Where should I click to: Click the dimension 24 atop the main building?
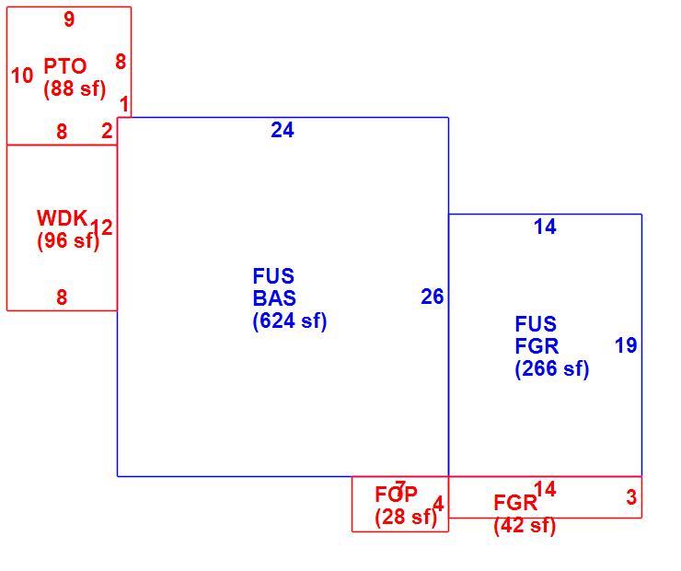coord(283,130)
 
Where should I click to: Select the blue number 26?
coord(433,297)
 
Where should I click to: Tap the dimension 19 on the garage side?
coord(626,345)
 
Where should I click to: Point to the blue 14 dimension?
coord(545,227)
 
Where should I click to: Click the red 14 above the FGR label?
coord(545,489)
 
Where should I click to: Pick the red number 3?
coord(631,497)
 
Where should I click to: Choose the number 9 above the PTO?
coord(69,19)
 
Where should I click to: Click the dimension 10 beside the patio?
coord(22,76)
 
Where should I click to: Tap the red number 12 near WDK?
coord(101,227)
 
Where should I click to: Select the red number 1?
coord(124,105)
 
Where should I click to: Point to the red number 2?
coord(107,131)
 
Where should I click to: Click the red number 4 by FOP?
coord(439,505)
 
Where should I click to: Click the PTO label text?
coord(65,66)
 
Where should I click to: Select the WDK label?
coord(63,218)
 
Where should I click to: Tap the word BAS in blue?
coord(274,298)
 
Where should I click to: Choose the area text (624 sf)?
coord(290,321)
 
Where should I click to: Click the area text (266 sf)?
coord(552,369)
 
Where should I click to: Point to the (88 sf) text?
coord(75,89)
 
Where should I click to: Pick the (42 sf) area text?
coord(525,526)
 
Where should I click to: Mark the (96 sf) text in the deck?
coord(68,240)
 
